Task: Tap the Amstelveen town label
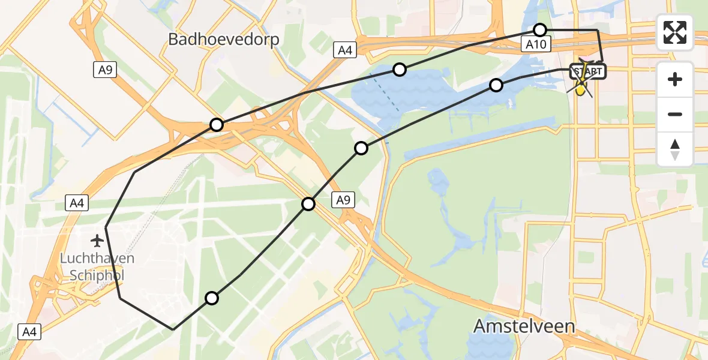(524, 326)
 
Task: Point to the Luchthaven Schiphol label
(97, 265)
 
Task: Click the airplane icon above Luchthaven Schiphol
(97, 241)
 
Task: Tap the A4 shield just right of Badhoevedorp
(345, 50)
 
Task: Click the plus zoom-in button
(675, 79)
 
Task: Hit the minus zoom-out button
(675, 114)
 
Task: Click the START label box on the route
(589, 72)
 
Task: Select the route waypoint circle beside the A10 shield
(540, 30)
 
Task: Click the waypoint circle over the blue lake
(400, 70)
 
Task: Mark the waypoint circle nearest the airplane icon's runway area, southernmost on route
(212, 298)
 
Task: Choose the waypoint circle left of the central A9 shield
(308, 204)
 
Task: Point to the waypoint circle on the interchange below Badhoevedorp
(217, 125)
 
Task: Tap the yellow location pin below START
(581, 89)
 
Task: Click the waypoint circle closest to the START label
(496, 85)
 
